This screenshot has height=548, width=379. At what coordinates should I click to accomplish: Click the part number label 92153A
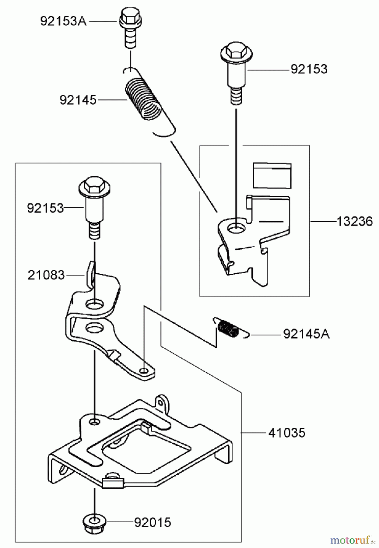(x=63, y=22)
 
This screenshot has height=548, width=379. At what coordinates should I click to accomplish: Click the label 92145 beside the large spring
(x=78, y=100)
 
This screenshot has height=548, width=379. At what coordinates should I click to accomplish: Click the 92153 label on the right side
(x=309, y=69)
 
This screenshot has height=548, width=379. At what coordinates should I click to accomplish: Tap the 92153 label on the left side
(x=45, y=209)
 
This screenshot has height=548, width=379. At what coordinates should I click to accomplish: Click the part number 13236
(x=355, y=222)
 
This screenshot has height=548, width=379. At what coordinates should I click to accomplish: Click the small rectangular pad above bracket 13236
(x=272, y=176)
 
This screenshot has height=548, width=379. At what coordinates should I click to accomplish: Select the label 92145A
(x=306, y=334)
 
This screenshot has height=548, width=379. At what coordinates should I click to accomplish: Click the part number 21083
(x=46, y=276)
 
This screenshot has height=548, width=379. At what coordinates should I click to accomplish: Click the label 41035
(x=287, y=433)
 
